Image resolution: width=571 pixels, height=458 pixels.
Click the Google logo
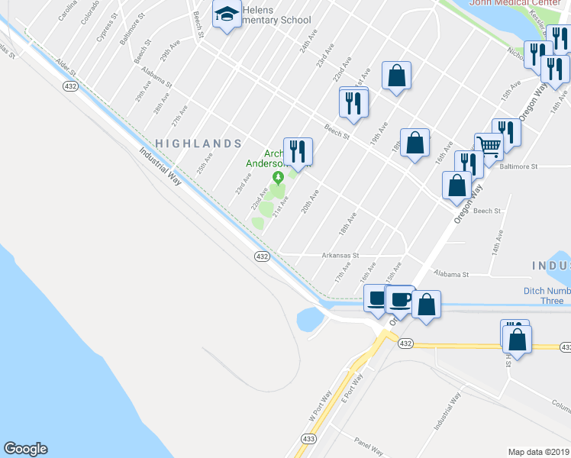pos(25,449)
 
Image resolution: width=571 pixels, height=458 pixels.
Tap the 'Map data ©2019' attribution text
pos(539,452)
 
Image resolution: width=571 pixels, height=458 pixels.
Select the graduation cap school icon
pos(227,15)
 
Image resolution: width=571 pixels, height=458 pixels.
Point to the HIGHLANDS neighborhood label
pos(198,144)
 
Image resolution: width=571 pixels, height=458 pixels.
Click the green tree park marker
pos(278,178)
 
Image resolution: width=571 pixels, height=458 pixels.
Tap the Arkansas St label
pos(340,256)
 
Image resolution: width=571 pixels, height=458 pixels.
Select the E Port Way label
pos(352,387)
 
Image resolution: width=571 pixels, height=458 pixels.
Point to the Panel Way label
pos(372,443)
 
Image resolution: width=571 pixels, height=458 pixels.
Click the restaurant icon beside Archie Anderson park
pos(298,151)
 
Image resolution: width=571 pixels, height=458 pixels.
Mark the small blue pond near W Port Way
pos(310,319)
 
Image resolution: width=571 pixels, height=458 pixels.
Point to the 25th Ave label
pos(204,164)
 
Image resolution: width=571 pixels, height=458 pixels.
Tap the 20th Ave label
pos(309,201)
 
